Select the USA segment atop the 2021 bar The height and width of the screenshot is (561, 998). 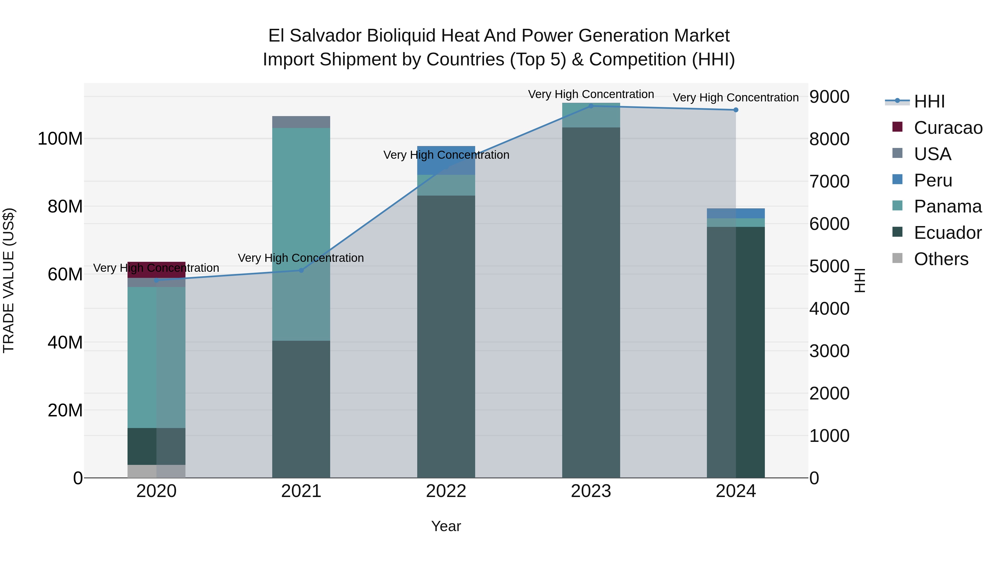point(301,122)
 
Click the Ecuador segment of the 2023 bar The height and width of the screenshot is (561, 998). point(591,302)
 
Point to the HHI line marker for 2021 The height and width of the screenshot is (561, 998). point(301,270)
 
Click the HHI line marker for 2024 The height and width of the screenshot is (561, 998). point(736,110)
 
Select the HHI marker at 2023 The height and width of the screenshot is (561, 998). point(591,106)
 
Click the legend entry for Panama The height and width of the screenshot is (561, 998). point(947,206)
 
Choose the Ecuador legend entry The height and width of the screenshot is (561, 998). point(947,233)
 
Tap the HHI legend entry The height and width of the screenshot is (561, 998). point(929,101)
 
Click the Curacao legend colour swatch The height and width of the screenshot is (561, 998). point(897,127)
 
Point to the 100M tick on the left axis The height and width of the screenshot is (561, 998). point(60,139)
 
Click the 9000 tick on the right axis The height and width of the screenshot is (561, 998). point(829,97)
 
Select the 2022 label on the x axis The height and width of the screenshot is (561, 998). point(446,491)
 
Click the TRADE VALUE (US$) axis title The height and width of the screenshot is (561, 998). point(9,280)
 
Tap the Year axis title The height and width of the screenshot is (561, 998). point(446,526)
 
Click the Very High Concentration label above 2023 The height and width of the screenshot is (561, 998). point(591,94)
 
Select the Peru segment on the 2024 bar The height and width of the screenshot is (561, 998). point(736,213)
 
